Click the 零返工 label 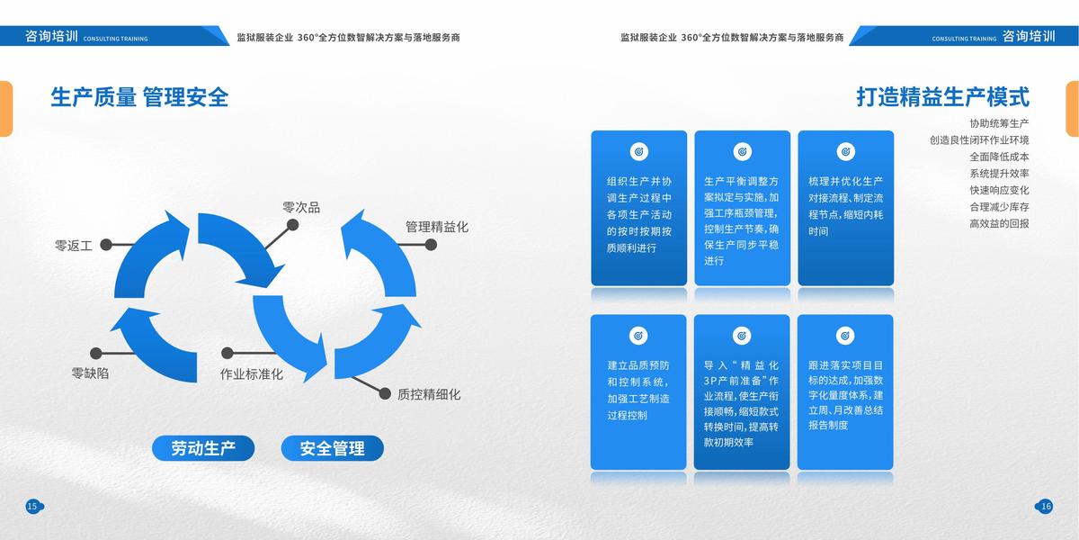click(x=74, y=245)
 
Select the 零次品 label click(x=301, y=208)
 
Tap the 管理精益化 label click(x=437, y=227)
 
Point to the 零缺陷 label click(x=90, y=373)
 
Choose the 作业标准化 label click(x=252, y=373)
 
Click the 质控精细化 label click(x=429, y=394)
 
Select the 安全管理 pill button click(x=333, y=448)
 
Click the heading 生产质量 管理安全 click(x=139, y=97)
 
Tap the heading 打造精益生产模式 click(x=942, y=97)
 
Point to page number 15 click(x=32, y=507)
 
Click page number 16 click(x=1045, y=507)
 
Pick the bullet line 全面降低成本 click(x=999, y=157)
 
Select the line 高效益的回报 click(x=999, y=223)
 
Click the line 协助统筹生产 click(x=999, y=123)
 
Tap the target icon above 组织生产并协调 click(x=639, y=152)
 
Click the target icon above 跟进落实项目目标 click(x=845, y=336)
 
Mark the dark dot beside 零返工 click(x=106, y=244)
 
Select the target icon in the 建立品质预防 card click(x=639, y=336)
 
